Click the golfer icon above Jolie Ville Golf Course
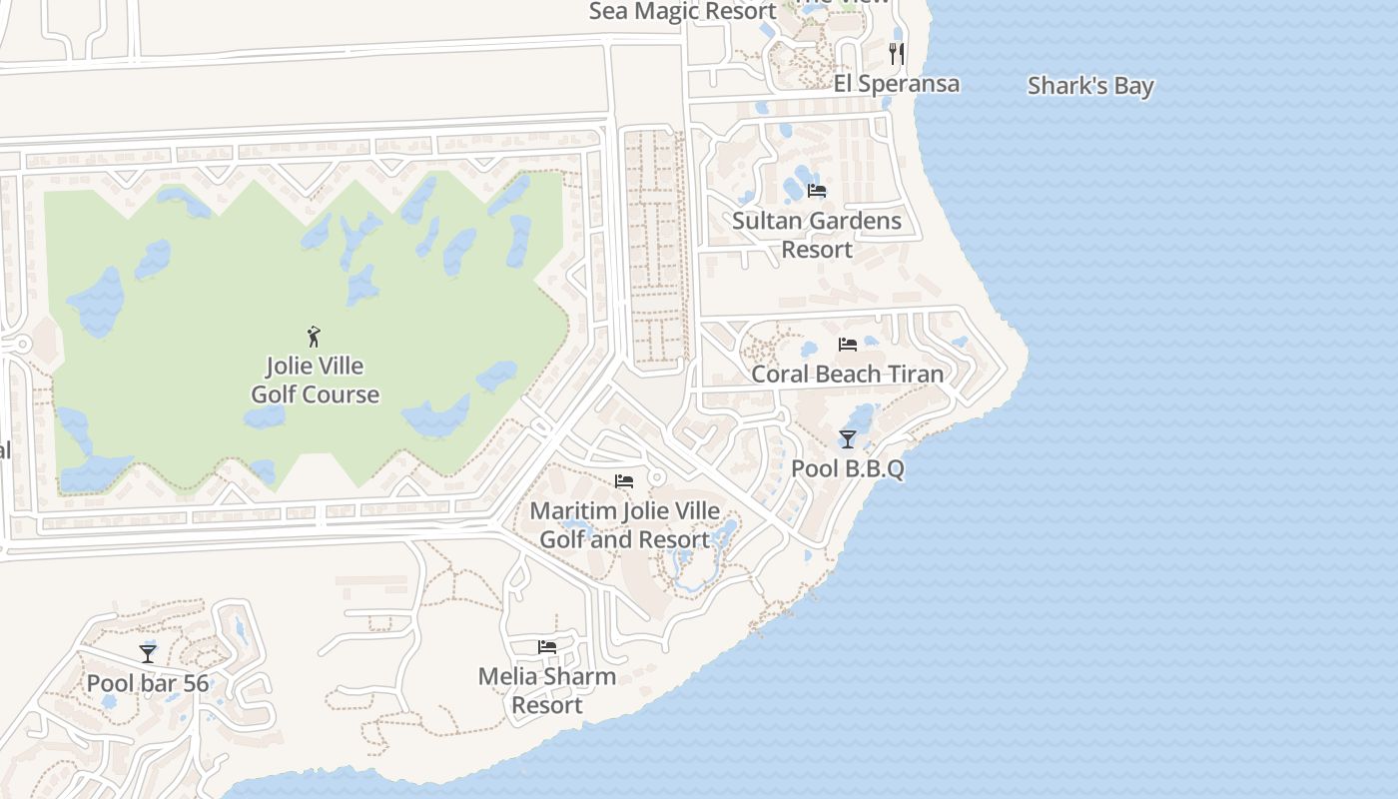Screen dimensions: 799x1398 click(315, 336)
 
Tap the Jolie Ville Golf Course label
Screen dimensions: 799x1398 click(315, 381)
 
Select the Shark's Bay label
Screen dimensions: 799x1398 click(1090, 86)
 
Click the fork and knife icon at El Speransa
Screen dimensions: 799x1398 click(897, 53)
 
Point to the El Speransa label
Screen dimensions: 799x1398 click(897, 83)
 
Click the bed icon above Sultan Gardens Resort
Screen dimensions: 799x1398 click(817, 191)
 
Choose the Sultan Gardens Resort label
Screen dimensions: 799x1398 click(817, 235)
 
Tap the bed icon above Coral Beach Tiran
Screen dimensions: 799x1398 click(848, 345)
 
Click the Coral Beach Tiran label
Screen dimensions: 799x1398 click(847, 375)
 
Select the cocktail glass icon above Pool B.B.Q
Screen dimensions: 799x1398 click(848, 438)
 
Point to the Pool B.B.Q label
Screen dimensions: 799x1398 click(848, 468)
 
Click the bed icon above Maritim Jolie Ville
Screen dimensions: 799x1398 click(624, 481)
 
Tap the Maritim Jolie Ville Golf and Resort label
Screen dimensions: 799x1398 click(624, 525)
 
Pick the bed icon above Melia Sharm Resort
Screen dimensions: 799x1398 click(547, 647)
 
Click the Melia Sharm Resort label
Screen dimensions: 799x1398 click(547, 690)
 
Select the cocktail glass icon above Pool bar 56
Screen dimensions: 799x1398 click(148, 653)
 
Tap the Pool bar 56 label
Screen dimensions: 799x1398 click(148, 683)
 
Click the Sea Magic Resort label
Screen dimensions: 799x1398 click(683, 11)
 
